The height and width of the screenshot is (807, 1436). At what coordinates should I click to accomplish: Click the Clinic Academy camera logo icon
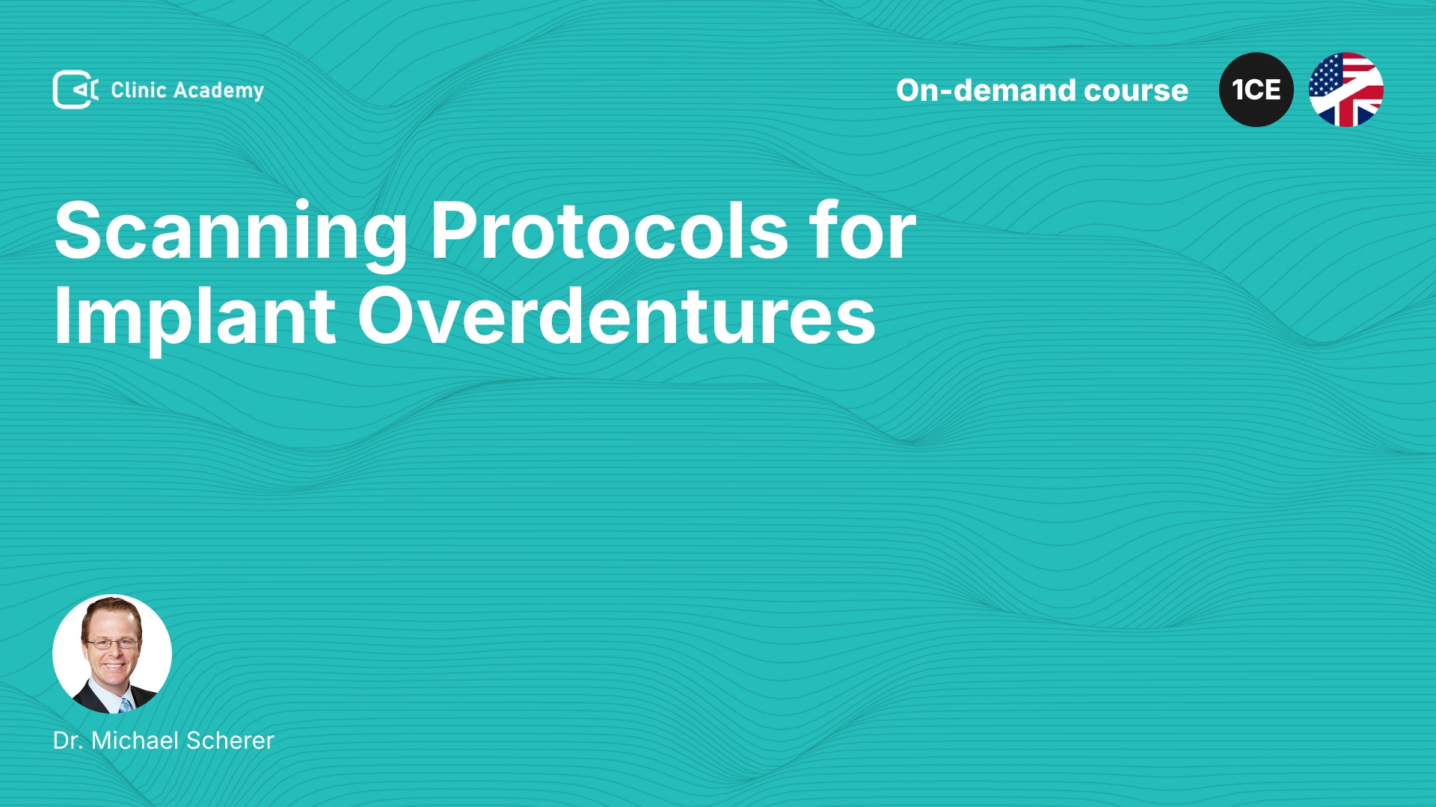pos(76,90)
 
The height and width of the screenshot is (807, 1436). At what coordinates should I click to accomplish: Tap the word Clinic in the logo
pos(138,90)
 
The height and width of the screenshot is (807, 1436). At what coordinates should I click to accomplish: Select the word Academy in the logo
pos(218,91)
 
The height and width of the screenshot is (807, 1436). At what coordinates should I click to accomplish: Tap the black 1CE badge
pos(1256,90)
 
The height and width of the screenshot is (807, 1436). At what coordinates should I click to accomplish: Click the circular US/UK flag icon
pos(1346,90)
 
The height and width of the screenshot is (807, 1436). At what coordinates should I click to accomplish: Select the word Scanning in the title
pos(231,233)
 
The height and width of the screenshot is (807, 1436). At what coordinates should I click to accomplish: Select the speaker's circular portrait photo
pos(112,654)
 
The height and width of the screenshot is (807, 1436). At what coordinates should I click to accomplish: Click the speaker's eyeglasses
pos(112,643)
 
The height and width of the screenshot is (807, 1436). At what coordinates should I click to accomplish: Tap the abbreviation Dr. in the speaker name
pos(67,740)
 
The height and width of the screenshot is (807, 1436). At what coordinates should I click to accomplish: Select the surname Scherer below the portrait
pos(230,740)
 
